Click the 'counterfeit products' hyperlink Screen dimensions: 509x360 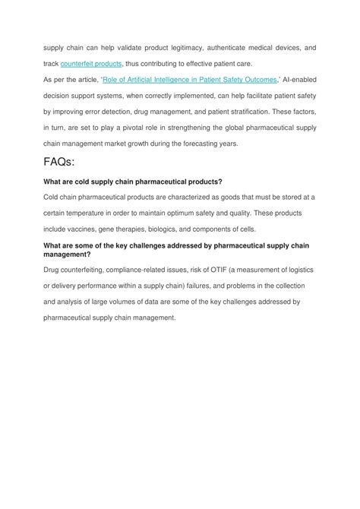click(x=91, y=64)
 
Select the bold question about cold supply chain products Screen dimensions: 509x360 click(x=133, y=182)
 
